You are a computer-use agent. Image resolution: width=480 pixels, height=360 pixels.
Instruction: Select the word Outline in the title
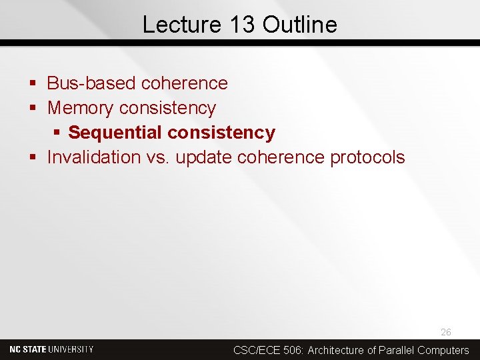click(300, 25)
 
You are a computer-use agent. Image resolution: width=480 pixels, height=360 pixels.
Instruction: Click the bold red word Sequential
click(115, 133)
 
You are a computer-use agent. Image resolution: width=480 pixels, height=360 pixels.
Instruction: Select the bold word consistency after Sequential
click(221, 133)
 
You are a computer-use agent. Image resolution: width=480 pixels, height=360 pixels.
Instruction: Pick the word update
click(203, 157)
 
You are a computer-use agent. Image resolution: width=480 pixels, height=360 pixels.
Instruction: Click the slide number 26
click(445, 332)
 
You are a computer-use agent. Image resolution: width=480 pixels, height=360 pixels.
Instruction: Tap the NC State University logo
click(51, 349)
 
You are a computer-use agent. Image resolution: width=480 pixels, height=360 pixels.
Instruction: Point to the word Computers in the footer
click(443, 350)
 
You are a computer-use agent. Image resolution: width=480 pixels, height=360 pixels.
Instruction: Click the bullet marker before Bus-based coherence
click(33, 84)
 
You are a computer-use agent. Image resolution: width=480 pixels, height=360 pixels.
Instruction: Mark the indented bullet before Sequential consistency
click(57, 133)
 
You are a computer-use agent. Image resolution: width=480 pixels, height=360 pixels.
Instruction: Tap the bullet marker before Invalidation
click(33, 158)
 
